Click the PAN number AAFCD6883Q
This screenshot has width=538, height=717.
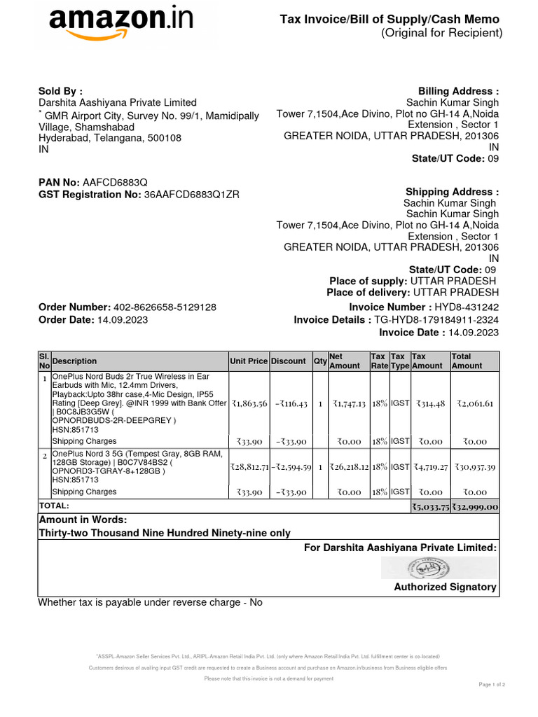(115, 182)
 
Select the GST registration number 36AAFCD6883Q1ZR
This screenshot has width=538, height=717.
(191, 195)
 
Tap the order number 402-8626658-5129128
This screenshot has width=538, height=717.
(165, 307)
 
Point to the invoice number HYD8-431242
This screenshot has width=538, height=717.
(467, 307)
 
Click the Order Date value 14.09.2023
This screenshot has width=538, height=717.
(122, 320)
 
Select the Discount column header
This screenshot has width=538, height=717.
(289, 361)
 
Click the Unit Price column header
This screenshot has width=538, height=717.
(249, 361)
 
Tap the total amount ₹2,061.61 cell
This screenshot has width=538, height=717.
(475, 403)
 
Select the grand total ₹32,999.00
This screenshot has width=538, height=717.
(475, 507)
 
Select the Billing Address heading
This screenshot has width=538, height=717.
(458, 91)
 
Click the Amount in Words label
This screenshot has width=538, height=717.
(83, 520)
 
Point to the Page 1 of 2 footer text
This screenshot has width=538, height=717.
(491, 684)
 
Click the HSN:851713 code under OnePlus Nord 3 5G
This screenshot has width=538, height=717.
(76, 480)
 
